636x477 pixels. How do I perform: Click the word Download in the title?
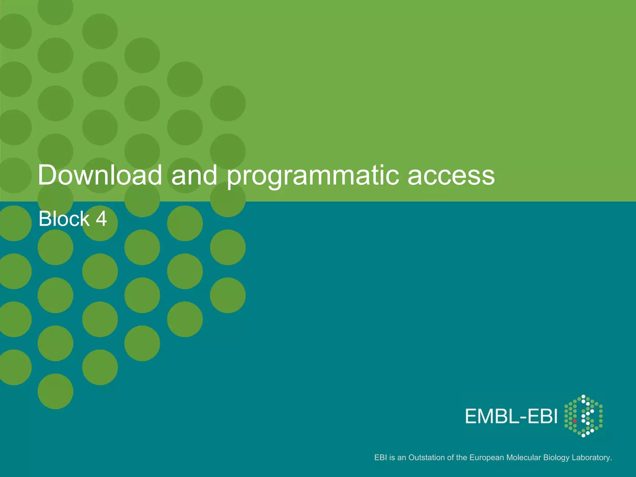pyautogui.click(x=100, y=175)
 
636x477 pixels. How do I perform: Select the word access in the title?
pyautogui.click(x=451, y=176)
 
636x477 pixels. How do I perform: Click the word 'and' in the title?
pyautogui.click(x=194, y=175)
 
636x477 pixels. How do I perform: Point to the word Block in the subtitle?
pyautogui.click(x=64, y=219)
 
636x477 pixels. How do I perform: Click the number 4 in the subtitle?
pyautogui.click(x=101, y=219)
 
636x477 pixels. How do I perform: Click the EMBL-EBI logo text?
pyautogui.click(x=511, y=416)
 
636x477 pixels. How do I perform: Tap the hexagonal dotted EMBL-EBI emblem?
pyautogui.click(x=583, y=416)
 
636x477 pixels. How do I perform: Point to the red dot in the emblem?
pyautogui.click(x=575, y=421)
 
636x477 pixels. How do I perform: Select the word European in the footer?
pyautogui.click(x=487, y=457)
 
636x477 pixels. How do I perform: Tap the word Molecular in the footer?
pyautogui.click(x=524, y=457)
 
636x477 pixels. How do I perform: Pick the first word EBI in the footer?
pyautogui.click(x=380, y=457)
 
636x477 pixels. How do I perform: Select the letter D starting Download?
pyautogui.click(x=48, y=175)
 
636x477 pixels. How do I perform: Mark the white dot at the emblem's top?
pyautogui.click(x=583, y=397)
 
